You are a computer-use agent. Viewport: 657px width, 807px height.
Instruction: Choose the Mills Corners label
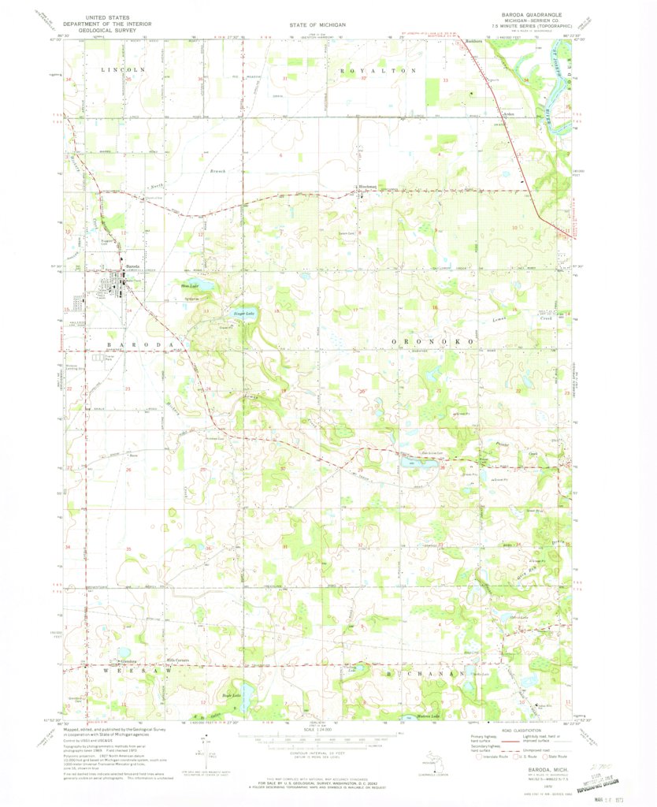[175, 660]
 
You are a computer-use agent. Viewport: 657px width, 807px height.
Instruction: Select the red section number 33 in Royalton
[446, 80]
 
